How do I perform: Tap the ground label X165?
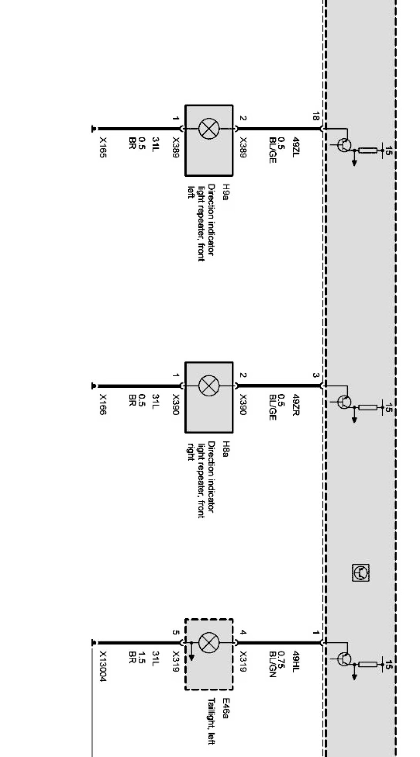click(103, 148)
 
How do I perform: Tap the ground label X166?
click(103, 404)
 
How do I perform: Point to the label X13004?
click(103, 666)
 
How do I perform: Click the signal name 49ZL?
click(296, 147)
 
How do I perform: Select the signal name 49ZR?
click(296, 404)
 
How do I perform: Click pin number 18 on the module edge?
click(315, 117)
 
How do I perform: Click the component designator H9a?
click(226, 192)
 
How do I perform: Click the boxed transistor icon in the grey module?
click(361, 573)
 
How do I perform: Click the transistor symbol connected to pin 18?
click(344, 145)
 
